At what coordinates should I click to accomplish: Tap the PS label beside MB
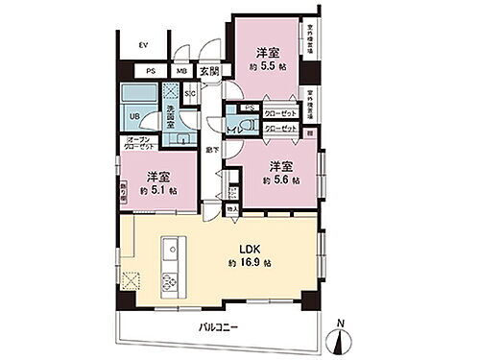(x=152, y=70)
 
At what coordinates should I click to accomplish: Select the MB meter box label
(x=180, y=70)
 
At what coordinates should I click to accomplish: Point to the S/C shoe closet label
(x=190, y=93)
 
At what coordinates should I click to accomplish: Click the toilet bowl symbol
(x=252, y=128)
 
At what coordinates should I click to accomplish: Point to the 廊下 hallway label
(x=212, y=151)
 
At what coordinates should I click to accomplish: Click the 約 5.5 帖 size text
(x=268, y=66)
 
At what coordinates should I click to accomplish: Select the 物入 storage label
(x=232, y=207)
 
